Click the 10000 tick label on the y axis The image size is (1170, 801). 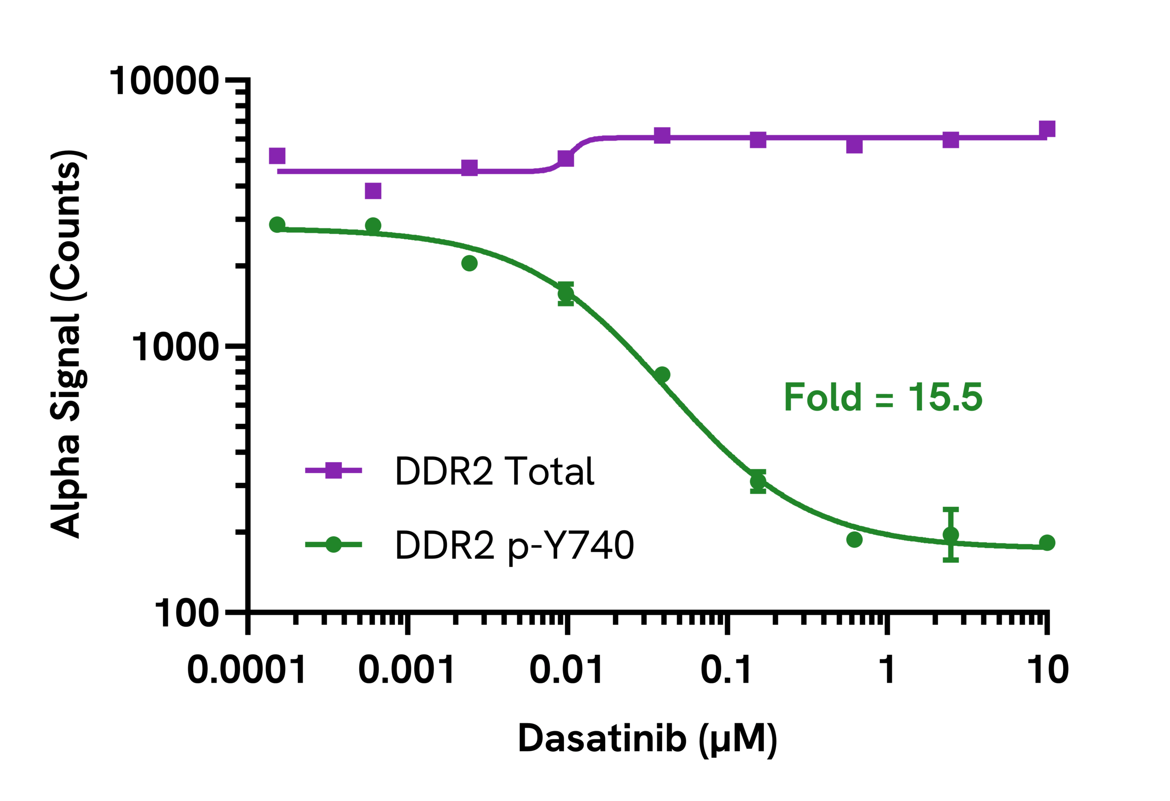164,81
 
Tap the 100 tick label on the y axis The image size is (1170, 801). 186,613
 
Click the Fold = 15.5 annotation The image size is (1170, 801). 883,397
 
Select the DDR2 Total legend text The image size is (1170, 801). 495,471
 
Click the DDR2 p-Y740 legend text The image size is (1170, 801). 514,545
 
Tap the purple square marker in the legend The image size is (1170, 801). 333,470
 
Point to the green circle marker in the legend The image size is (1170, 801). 333,544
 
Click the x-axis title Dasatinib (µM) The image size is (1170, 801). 648,738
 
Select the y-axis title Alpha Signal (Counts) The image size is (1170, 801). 66,344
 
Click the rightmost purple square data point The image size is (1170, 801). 1047,129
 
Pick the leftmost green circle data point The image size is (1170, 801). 277,224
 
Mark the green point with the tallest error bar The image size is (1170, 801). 951,535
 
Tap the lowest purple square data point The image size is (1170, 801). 373,191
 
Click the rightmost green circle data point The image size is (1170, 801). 1047,543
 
